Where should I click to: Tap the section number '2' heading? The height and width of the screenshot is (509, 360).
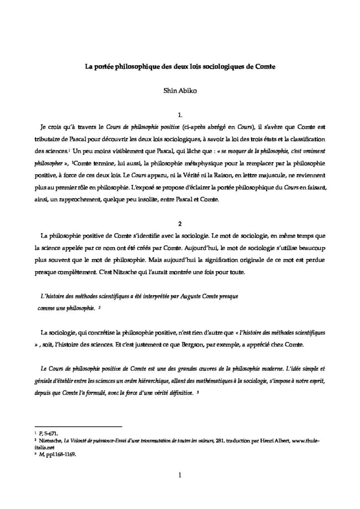point(180,223)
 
